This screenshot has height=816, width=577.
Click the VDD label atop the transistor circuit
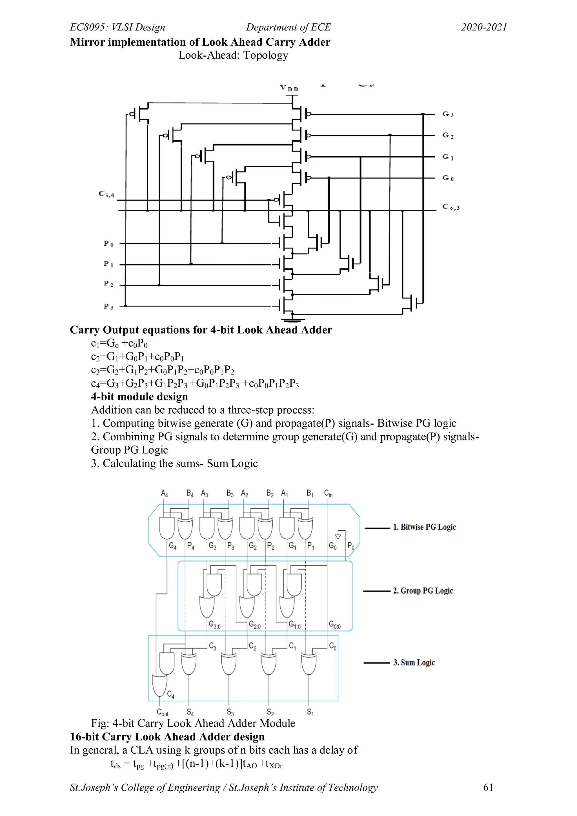[x=289, y=88]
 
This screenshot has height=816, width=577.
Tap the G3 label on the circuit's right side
[x=448, y=114]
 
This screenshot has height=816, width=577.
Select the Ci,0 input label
[x=106, y=194]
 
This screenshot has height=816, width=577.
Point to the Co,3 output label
[x=450, y=207]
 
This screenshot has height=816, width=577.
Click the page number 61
[x=488, y=788]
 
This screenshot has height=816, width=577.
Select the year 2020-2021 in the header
[x=484, y=27]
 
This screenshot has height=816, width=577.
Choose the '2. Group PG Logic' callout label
[x=423, y=591]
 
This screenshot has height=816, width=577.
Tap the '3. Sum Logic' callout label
[x=414, y=662]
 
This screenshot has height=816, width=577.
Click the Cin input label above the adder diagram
[x=328, y=493]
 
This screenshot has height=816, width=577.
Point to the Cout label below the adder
[x=162, y=713]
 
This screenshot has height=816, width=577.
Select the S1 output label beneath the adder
[x=310, y=712]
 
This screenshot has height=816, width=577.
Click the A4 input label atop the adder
[x=164, y=493]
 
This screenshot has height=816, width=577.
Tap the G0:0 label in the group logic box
[x=334, y=624]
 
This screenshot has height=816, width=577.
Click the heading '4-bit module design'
[x=139, y=397]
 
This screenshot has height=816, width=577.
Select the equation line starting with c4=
[x=195, y=384]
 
